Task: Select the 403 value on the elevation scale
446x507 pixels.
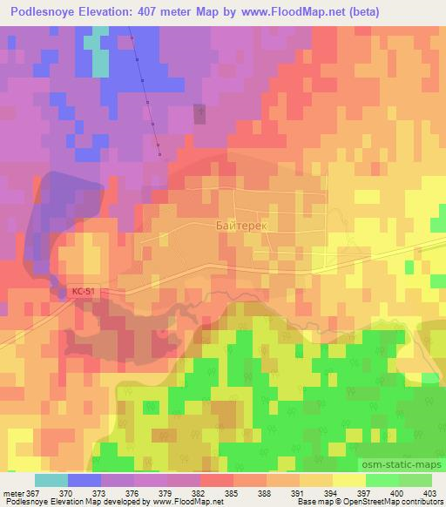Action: point(429,492)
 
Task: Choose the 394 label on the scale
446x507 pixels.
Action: point(330,492)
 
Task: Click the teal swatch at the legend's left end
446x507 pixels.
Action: point(51,480)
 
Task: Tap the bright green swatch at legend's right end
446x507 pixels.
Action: point(415,480)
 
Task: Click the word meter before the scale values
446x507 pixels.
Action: point(12,492)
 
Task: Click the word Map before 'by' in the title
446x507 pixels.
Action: point(216,11)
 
